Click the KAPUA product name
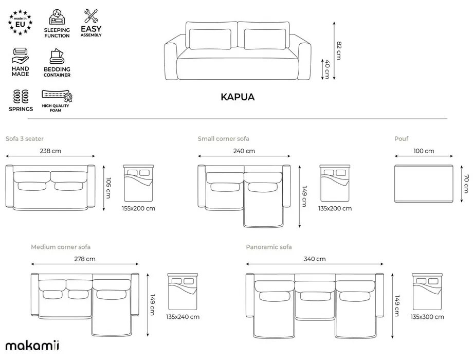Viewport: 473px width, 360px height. point(237,97)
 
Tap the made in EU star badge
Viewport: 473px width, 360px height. point(21,23)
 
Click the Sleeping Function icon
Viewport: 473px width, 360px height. point(57,17)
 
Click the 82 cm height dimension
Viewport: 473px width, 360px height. point(338,50)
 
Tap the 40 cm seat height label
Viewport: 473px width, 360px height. point(326,69)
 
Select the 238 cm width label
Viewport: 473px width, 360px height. point(50,151)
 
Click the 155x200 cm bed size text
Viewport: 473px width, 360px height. point(139,208)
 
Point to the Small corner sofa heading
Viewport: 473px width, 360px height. point(223,139)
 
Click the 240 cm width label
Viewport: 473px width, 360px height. point(244,151)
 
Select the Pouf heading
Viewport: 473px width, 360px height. point(402,139)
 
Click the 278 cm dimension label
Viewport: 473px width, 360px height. point(85,259)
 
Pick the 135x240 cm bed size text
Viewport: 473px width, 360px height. point(183,317)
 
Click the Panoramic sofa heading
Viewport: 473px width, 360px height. point(269,247)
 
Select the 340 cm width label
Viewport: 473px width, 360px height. point(315,259)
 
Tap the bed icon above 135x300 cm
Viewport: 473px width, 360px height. point(427,292)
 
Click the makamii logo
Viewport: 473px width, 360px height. point(32,345)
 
